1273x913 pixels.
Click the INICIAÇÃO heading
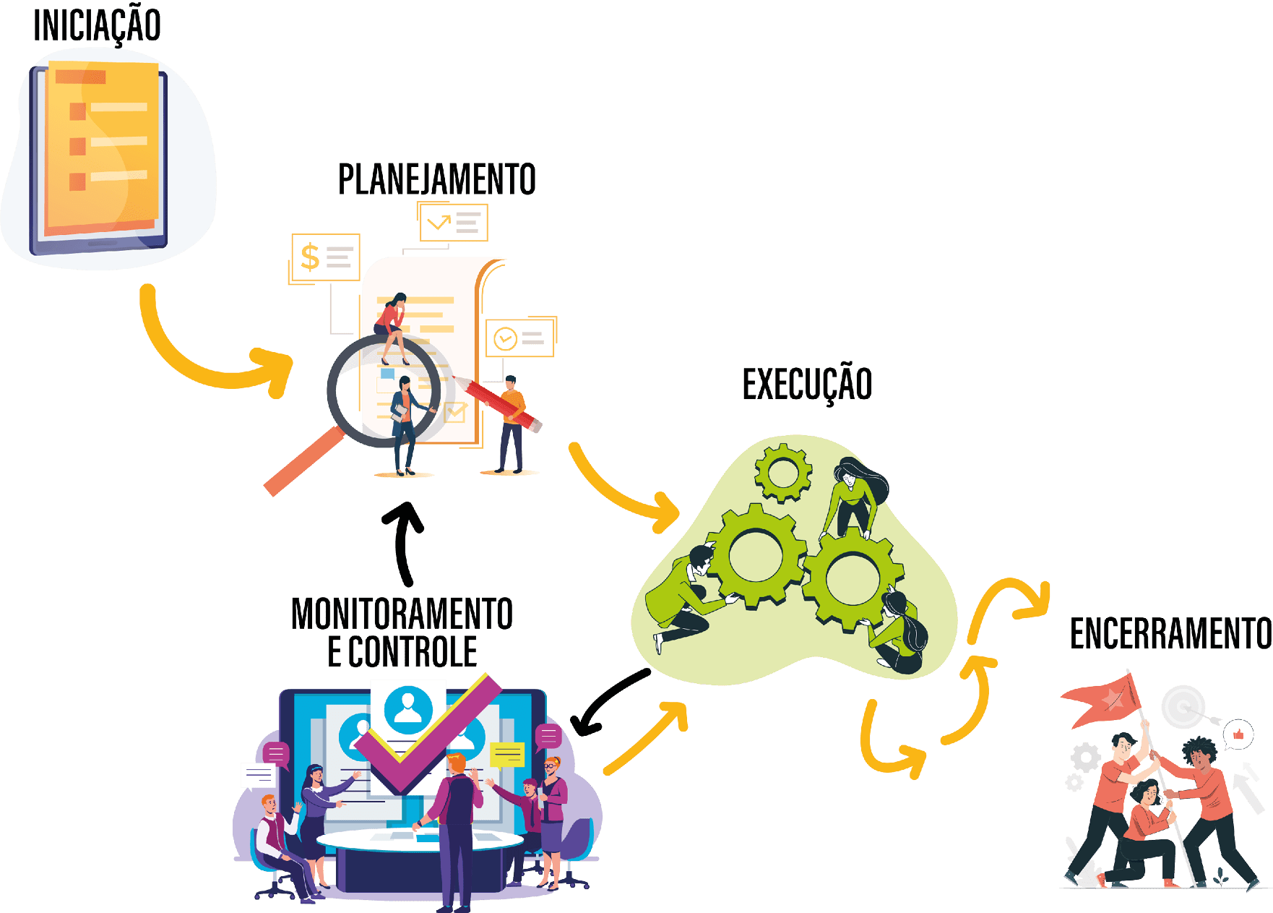[x=97, y=25]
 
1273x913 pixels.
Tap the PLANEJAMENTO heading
[x=436, y=179]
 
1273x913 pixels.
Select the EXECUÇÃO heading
[x=807, y=384]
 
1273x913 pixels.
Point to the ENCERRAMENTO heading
[x=1170, y=634]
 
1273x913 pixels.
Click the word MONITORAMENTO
[x=402, y=614]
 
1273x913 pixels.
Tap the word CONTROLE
[x=413, y=652]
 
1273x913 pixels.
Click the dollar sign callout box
[x=326, y=257]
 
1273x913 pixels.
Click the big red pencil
[x=499, y=402]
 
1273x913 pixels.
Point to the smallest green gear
[x=782, y=473]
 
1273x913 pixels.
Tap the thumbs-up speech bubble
[x=1239, y=735]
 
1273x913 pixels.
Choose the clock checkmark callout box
[x=519, y=338]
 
